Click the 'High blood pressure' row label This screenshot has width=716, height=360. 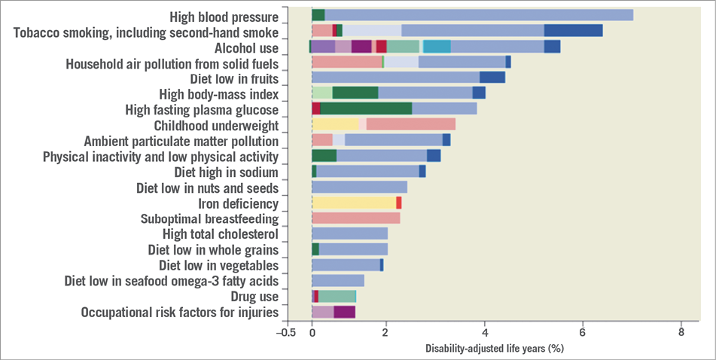point(224,17)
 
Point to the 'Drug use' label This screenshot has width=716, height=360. point(254,297)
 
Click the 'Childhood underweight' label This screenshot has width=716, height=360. point(216,125)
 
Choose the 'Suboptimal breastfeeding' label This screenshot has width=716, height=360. point(209,219)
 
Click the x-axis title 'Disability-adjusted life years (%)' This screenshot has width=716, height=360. point(494,348)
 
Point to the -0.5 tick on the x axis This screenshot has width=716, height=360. point(286,332)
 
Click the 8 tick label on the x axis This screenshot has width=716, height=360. point(681,332)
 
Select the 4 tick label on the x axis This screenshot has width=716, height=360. point(485,332)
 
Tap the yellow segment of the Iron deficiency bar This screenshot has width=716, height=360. point(353,203)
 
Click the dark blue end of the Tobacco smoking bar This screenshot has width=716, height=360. point(573,31)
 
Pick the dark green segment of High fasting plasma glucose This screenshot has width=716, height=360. point(366,109)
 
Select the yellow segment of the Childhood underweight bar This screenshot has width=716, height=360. point(335,124)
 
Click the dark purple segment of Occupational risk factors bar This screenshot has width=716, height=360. point(344,312)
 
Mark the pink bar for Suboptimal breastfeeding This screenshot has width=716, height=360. point(355,218)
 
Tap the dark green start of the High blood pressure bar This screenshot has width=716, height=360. point(318,15)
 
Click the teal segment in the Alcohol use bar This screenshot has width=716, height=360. point(437,47)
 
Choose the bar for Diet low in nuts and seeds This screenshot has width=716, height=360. point(359,188)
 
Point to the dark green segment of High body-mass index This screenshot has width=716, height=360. point(355,93)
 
